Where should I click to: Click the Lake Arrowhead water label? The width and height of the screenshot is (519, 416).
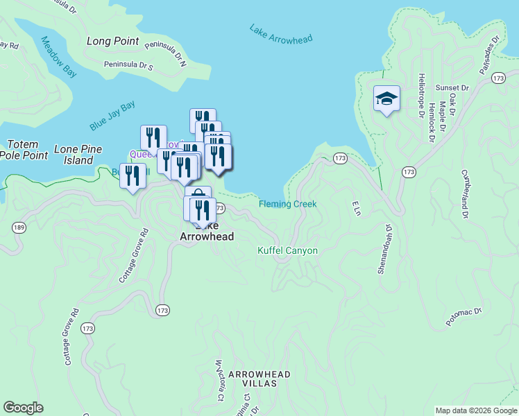(x=281, y=33)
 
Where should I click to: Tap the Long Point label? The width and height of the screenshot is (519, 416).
(x=113, y=42)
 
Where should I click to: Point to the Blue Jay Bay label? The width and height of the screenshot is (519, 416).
(x=112, y=116)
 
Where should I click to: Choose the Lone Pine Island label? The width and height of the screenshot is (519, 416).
(x=78, y=155)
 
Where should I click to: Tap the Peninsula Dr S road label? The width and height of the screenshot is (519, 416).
(x=128, y=65)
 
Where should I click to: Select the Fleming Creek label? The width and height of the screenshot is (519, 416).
(x=287, y=204)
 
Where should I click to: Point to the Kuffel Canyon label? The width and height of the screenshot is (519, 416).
(x=287, y=250)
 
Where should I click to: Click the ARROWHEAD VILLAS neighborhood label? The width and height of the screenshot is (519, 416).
(x=259, y=379)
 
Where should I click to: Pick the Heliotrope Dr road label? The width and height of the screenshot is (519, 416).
(x=420, y=96)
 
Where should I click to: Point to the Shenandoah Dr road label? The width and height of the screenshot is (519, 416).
(x=384, y=248)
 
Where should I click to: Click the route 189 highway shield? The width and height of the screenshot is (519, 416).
(x=19, y=227)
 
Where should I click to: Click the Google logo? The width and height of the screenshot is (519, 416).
(x=23, y=408)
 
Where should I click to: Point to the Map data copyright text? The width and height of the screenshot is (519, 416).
(x=475, y=410)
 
